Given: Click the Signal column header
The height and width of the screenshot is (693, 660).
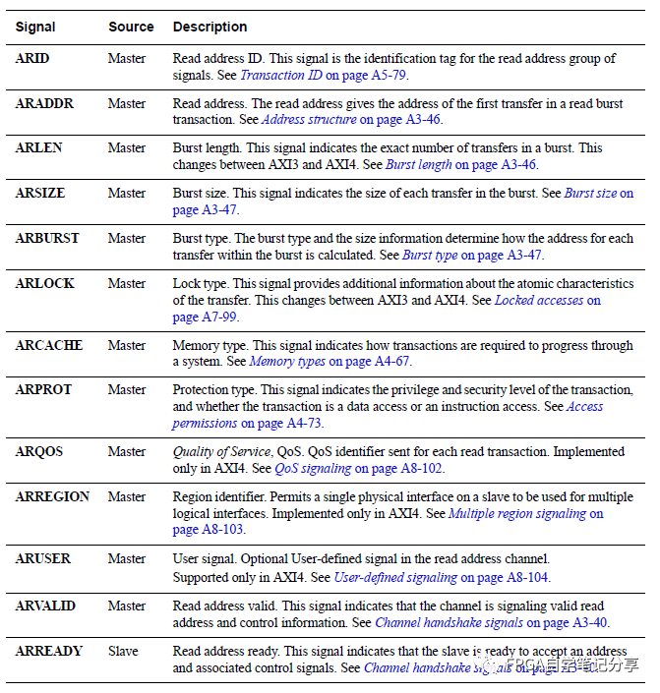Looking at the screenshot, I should click(x=35, y=27).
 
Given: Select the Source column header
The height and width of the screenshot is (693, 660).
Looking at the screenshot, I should click(x=131, y=27).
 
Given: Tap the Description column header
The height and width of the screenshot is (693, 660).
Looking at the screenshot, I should click(x=210, y=27).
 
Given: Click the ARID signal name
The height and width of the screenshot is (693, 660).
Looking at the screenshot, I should click(x=32, y=59).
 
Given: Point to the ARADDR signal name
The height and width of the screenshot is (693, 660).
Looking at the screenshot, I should click(x=45, y=104).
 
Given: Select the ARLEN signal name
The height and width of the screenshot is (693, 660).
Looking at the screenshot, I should click(x=39, y=148).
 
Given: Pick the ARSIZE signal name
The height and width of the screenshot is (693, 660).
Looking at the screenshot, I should click(x=41, y=194).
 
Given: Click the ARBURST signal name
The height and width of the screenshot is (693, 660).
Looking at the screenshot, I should click(x=47, y=238).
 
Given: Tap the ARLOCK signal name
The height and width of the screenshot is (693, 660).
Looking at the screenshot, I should click(x=44, y=283).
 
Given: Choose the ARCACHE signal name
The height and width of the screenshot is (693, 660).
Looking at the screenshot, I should click(x=48, y=345).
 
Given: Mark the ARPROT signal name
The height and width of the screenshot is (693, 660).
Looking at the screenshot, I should click(x=43, y=389).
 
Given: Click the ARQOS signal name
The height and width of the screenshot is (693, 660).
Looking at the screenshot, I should click(x=39, y=451).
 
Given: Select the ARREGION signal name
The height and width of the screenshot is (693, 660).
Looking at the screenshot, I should click(x=52, y=496).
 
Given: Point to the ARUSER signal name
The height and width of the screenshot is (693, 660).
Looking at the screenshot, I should click(x=43, y=558).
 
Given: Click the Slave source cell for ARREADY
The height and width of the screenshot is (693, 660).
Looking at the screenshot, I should click(x=124, y=651).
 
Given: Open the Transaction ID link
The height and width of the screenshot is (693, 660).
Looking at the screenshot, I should click(x=286, y=75).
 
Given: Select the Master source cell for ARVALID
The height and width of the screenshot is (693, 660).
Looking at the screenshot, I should click(x=127, y=606).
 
